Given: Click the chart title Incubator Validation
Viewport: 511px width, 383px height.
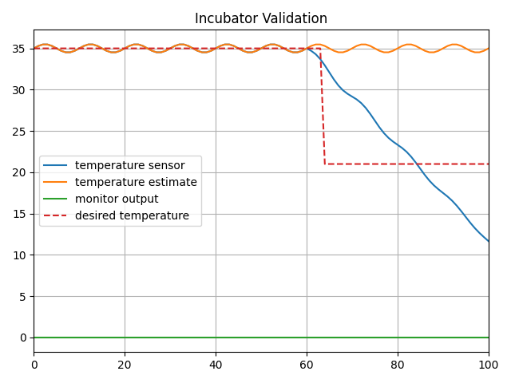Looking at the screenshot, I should (x=261, y=18).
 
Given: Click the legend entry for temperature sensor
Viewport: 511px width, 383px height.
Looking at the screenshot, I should (x=129, y=166).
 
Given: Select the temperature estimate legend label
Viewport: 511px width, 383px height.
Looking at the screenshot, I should (x=136, y=183).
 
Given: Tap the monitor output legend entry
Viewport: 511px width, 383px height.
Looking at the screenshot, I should (x=117, y=199).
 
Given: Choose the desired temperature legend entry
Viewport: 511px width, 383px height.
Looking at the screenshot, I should (x=132, y=216).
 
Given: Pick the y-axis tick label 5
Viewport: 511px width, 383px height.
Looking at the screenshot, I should (x=24, y=297).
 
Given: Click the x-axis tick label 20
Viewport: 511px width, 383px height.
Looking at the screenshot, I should (x=125, y=365).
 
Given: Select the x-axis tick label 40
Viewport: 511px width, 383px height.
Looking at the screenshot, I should (x=216, y=365).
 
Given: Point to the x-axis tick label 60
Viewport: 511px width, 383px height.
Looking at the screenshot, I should (x=307, y=365).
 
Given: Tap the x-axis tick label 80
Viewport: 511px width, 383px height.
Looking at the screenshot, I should (x=398, y=365).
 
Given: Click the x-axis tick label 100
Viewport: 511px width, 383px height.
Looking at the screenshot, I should (x=488, y=365).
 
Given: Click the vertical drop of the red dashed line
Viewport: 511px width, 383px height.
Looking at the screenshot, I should (x=323, y=108).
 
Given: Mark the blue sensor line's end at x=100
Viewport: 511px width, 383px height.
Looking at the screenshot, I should (x=488, y=241).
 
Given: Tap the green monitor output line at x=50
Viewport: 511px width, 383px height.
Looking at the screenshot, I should (x=261, y=338).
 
